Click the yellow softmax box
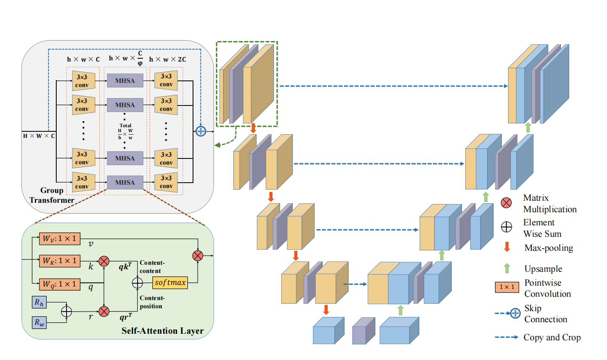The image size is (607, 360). pos(170,282)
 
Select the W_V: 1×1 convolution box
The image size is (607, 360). pos(60,238)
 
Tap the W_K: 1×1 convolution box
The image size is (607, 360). pos(60,261)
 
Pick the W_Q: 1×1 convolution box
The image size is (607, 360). pos(60,284)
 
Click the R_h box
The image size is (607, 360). pos(39,302)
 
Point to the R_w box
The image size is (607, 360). pos(39,322)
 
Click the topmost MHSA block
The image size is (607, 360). pos(125,80)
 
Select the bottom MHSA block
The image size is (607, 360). pos(125,182)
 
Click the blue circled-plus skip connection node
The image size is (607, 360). pos(200,131)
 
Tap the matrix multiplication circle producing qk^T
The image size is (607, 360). pos(104,261)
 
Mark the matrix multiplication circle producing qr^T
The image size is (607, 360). pos(104,311)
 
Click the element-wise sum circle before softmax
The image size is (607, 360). pos(137,283)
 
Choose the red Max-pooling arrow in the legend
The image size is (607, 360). pos(507,247)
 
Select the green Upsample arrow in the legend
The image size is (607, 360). pos(507,268)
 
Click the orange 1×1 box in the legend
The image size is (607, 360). pos(507,287)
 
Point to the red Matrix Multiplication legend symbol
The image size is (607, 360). pos(506,203)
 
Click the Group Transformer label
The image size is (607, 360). pos(52,195)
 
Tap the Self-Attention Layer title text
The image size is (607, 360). pos(162,331)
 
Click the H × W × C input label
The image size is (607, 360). pos(39,136)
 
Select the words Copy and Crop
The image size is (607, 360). pos(552,337)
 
